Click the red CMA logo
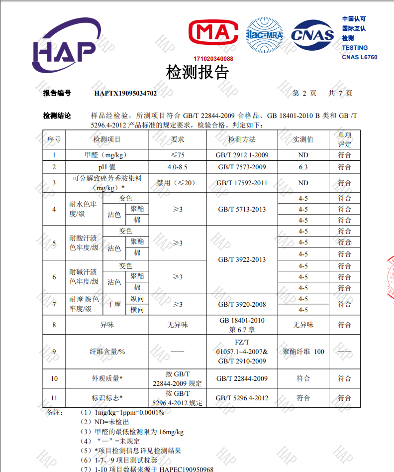coord(213,34)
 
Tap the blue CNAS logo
coord(312,34)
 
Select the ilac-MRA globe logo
coord(265,34)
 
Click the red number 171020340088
coord(213,59)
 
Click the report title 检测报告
coord(197,73)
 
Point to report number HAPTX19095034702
coord(125,93)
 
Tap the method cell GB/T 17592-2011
coord(242,183)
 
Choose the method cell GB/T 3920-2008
coord(242,304)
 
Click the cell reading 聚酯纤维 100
coord(303,352)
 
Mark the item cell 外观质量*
coord(107,378)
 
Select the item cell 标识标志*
coord(107,398)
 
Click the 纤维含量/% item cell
coord(107,352)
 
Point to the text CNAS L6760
coord(359,57)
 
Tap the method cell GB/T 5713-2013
coord(242,209)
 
